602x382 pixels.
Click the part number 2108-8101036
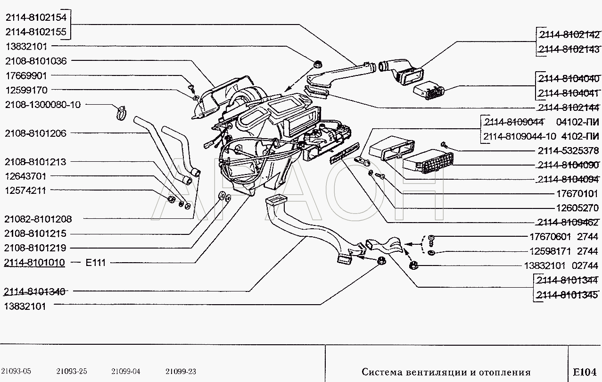pos(36,61)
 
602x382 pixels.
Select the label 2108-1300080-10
pos(43,105)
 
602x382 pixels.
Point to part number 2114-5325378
pos(568,150)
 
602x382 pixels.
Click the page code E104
pos(585,372)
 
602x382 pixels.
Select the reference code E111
pos(95,262)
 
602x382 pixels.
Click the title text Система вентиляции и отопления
pos(446,372)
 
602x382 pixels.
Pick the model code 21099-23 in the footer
pos(181,372)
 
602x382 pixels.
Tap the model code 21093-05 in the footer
pos(16,371)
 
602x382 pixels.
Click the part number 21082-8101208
pos(38,219)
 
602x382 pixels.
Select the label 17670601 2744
pos(563,237)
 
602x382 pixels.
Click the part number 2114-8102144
pos(569,108)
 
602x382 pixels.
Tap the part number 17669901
pos(26,75)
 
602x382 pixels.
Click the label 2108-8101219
pos(35,248)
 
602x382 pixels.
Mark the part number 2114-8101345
pos(567,295)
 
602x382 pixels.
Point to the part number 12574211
pos(25,191)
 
